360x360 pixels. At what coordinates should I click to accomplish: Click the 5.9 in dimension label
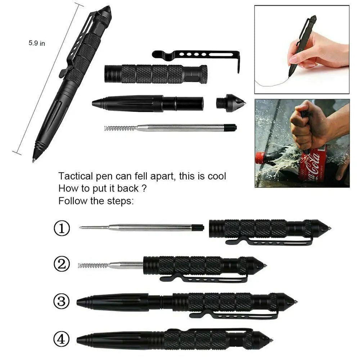coord(37,43)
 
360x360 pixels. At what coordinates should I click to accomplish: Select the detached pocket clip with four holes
coord(196,55)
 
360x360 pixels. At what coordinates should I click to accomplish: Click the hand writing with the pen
coord(317,50)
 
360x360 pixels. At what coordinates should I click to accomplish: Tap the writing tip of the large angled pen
coord(34,159)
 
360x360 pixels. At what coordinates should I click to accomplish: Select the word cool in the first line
coord(216,176)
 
